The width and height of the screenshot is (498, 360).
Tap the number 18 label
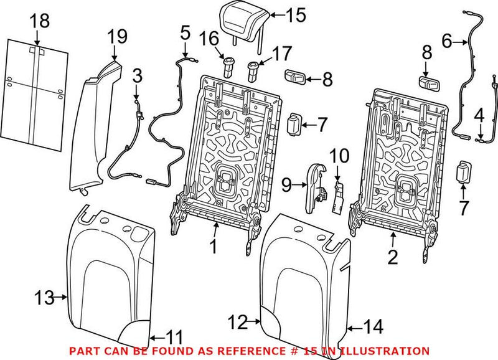(40, 21)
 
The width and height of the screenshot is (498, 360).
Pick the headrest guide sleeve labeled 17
(253, 72)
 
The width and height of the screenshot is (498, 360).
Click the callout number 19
(117, 36)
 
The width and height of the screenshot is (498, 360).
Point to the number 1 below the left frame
(214, 246)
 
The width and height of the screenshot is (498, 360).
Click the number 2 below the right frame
(393, 257)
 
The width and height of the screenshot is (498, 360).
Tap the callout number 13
(44, 298)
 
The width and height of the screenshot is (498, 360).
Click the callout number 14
(374, 326)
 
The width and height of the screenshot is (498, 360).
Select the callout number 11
(174, 338)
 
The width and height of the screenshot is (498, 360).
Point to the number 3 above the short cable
(137, 76)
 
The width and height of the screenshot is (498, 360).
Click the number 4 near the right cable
(479, 116)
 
